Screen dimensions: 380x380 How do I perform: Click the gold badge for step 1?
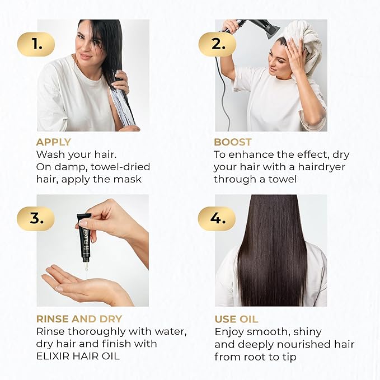pos(37,44)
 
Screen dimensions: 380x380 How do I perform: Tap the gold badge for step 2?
pos(216,44)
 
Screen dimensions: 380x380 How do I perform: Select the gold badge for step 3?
pos(37,218)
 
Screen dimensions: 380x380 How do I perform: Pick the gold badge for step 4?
pos(216,218)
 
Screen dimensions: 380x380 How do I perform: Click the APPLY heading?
pos(54,142)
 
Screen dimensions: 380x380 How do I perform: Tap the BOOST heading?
pos(233,142)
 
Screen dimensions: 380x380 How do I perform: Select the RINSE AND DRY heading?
pos(79,319)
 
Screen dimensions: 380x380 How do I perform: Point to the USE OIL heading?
pos(236,319)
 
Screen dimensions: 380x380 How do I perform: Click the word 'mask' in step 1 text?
pos(128,179)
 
